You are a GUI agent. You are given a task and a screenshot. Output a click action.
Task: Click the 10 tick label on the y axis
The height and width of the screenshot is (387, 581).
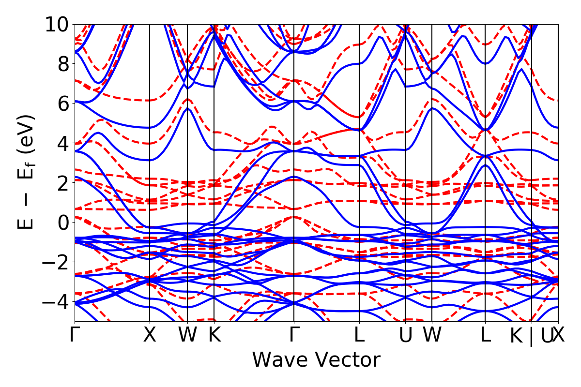[56, 24]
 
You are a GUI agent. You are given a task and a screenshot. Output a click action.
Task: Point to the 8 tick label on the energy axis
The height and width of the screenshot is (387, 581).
[61, 64]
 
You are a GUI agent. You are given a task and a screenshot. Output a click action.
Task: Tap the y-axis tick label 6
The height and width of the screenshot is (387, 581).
[61, 103]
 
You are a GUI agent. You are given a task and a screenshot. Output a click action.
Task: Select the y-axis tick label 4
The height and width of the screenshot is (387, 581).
[61, 143]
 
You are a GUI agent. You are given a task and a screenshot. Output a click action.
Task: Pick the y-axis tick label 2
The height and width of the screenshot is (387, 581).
[61, 182]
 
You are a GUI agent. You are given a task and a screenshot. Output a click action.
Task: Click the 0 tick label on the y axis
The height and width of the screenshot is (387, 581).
[61, 222]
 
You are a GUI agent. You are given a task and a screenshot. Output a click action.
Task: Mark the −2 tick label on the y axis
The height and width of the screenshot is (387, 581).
[55, 262]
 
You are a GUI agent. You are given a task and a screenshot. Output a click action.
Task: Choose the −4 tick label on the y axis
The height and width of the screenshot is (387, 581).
[55, 301]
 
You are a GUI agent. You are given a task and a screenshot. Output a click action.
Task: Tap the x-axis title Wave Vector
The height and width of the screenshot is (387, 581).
[316, 360]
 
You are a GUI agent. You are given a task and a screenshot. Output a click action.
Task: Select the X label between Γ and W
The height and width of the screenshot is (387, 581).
[150, 335]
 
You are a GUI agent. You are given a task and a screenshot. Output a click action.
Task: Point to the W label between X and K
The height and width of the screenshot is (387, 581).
[187, 335]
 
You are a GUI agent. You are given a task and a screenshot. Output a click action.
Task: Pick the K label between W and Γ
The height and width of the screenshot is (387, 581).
[214, 335]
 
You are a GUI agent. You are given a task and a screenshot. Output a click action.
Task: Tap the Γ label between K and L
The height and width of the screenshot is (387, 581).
[294, 335]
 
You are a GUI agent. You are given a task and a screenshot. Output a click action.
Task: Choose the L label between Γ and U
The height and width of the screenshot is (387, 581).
[359, 335]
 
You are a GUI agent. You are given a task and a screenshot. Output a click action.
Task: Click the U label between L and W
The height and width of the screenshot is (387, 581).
[405, 335]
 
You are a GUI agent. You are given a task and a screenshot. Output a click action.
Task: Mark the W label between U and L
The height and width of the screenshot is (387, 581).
[431, 335]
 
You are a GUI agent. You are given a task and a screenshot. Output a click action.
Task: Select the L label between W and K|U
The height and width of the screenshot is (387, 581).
[485, 335]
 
